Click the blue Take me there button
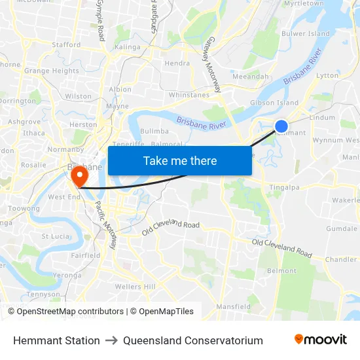point(180,160)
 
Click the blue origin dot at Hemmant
point(281,126)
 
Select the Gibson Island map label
point(274,103)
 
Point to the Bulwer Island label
point(305,33)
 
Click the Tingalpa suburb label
point(285,188)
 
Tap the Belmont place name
point(282,270)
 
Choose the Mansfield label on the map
point(234,306)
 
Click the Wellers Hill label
point(135,287)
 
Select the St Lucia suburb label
point(56,236)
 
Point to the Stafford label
point(66,45)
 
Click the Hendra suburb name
point(177,63)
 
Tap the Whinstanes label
point(189,95)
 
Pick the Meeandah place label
point(251,77)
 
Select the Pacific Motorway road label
point(105,225)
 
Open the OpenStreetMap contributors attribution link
point(69,312)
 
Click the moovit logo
point(320,340)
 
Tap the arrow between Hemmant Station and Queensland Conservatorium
point(111,340)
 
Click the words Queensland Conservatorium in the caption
point(193,340)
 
